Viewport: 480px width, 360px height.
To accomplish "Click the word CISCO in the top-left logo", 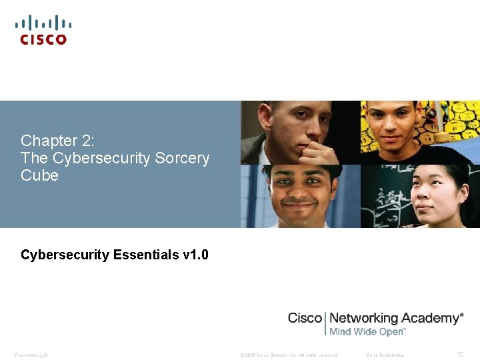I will [x=43, y=39].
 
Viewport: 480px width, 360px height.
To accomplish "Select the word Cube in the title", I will [x=40, y=176].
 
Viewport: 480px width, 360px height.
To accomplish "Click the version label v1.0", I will [x=195, y=255].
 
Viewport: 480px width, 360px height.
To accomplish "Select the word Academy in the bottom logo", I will [x=431, y=318].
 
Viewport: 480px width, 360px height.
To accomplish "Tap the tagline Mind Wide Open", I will [x=367, y=331].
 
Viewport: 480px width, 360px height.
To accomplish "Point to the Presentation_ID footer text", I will [x=31, y=355].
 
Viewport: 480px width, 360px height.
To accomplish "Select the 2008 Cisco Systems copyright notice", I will [x=289, y=355].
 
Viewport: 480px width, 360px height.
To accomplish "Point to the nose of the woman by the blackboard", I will [x=433, y=199].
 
